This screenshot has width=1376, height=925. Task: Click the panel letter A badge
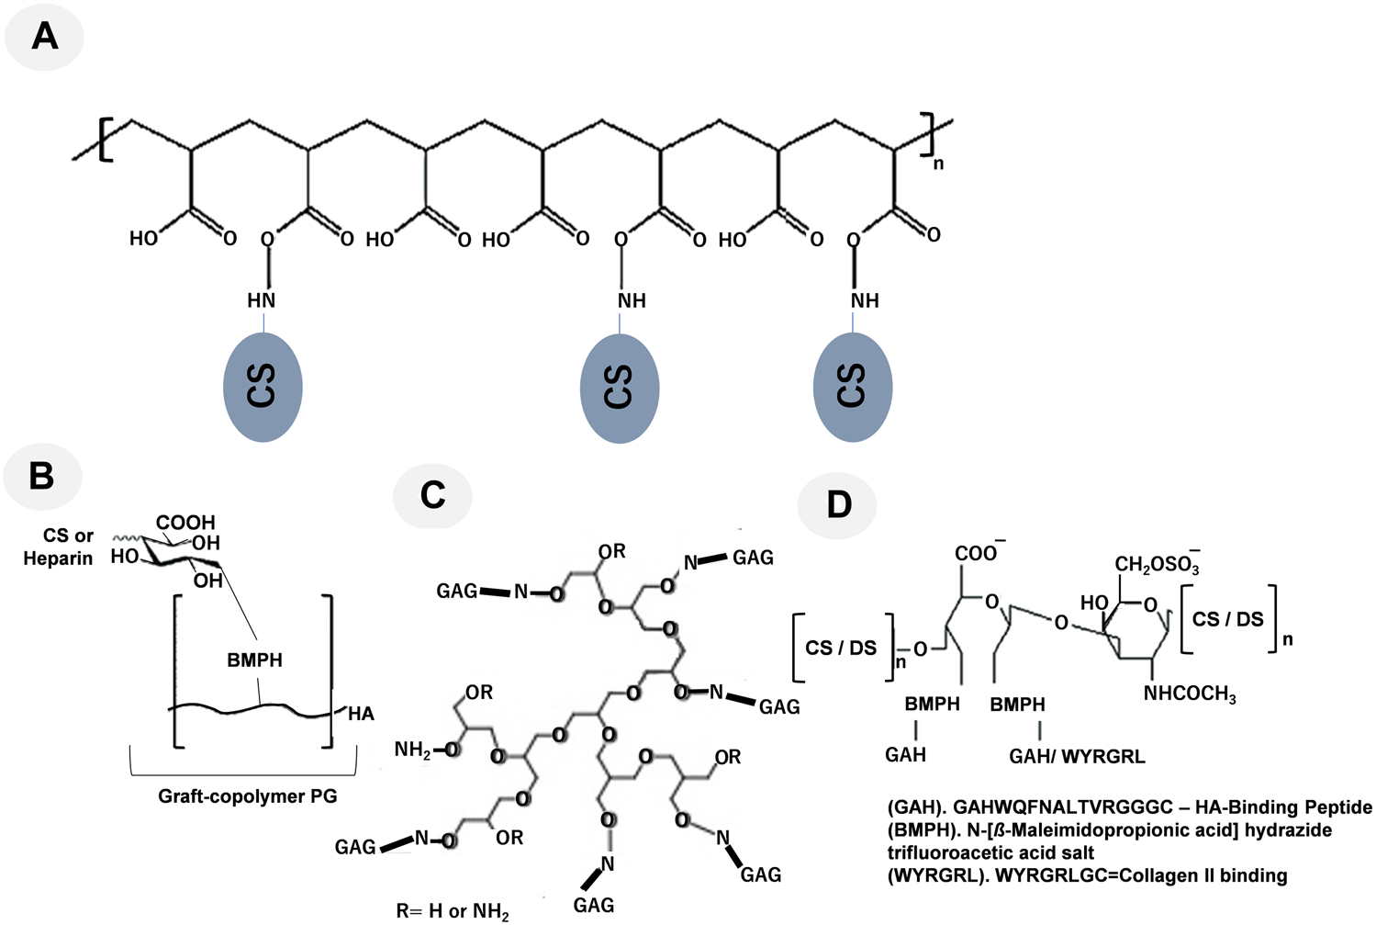pos(44,37)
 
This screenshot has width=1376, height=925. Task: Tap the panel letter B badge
pos(42,476)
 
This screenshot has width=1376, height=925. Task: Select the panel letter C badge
pos(432,495)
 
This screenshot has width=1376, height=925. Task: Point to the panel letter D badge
pos(838,503)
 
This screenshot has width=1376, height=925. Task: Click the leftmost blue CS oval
pos(263,387)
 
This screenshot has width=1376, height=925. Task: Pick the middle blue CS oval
pos(620,387)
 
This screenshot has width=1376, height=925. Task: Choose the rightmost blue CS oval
pos(853,387)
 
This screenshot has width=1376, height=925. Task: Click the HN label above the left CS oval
pos(261,300)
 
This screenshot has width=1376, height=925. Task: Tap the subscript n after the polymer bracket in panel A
pos(938,164)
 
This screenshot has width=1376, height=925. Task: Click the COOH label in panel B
pos(185,523)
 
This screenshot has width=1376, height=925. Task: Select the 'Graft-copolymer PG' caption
pos(248,796)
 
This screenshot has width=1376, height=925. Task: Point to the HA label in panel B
pos(361,714)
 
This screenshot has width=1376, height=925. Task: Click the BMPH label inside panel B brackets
pos(255,660)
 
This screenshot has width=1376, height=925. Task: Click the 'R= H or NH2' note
pos(453,911)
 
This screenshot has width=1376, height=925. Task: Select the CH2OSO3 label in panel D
pos(1157,564)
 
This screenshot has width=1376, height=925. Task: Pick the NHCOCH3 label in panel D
pos(1190,694)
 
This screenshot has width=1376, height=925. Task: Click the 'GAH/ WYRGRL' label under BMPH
pos(1077,757)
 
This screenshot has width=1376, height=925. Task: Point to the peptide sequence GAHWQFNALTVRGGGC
pos(1064,807)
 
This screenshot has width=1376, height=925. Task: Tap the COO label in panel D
pos(978,553)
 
